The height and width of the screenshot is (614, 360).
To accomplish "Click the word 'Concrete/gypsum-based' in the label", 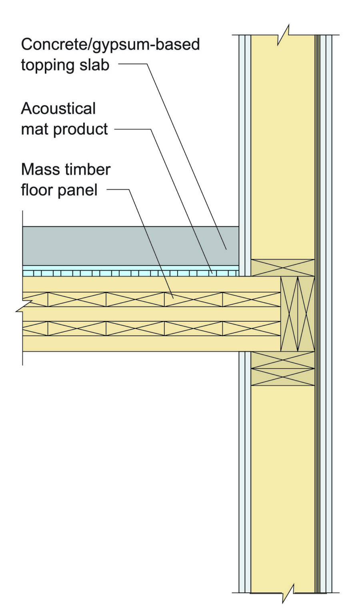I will [x=110, y=45].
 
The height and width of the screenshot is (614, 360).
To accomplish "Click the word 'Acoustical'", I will [x=58, y=109].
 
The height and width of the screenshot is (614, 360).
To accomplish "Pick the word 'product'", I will [x=81, y=130].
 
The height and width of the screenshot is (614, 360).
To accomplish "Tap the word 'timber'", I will [x=84, y=169].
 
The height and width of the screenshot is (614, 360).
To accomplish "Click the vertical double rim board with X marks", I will [x=298, y=314].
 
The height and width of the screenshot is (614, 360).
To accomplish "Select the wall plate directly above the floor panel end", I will [x=283, y=268].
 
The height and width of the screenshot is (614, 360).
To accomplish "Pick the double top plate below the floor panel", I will [x=283, y=369].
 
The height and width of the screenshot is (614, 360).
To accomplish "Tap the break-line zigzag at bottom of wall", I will [x=288, y=592].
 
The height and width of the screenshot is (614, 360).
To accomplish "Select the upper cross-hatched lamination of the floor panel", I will [x=152, y=299].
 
